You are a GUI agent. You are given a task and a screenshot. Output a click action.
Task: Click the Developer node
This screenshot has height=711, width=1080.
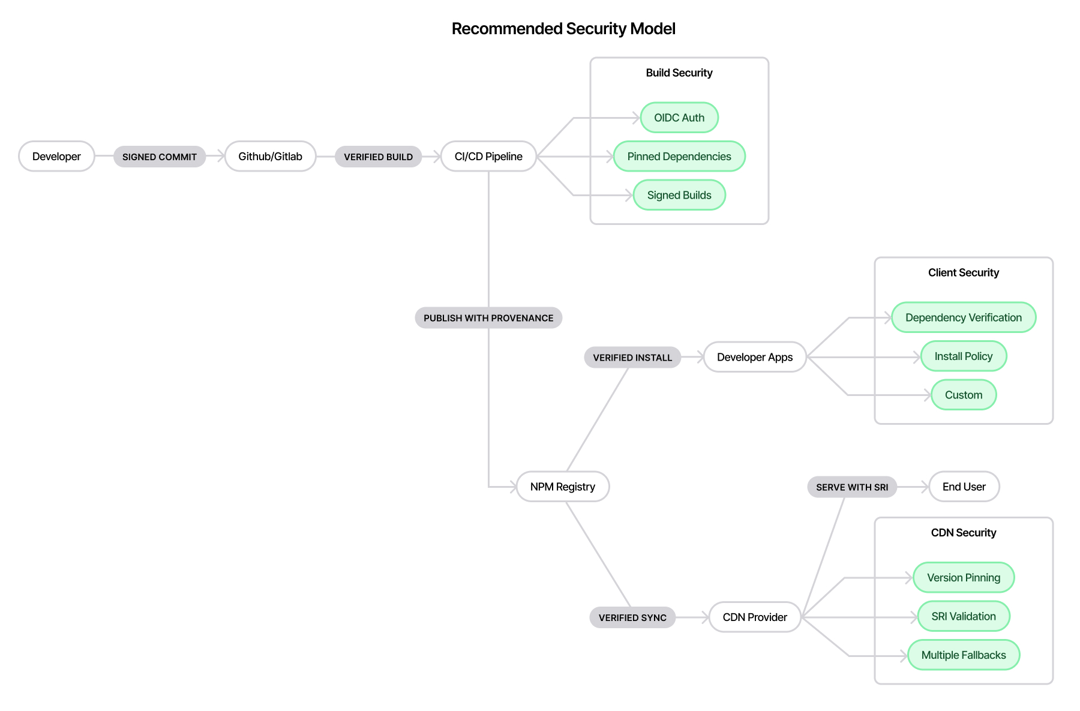tap(56, 157)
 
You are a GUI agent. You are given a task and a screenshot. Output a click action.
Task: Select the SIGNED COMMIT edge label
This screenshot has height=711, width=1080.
tap(160, 157)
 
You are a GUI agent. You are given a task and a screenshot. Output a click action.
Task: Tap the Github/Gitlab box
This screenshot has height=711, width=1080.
tap(270, 157)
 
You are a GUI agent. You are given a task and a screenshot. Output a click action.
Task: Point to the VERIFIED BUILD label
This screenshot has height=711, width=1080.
tap(378, 157)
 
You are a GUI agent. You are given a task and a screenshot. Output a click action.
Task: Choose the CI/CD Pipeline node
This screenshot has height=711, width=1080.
tap(488, 157)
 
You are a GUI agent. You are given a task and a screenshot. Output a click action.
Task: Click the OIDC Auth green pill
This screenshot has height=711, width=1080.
tap(679, 118)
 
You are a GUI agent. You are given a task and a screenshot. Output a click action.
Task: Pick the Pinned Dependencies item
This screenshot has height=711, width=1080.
tap(679, 157)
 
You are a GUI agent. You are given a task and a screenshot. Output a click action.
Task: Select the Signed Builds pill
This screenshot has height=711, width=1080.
tap(679, 195)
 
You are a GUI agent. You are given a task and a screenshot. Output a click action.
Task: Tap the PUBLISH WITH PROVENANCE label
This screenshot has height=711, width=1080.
tap(488, 318)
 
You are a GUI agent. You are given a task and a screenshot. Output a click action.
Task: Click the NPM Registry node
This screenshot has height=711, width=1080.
tap(563, 487)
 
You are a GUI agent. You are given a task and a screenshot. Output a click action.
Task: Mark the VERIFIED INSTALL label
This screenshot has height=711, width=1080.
tap(632, 358)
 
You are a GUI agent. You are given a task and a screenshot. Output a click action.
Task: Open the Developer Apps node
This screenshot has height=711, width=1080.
tap(755, 357)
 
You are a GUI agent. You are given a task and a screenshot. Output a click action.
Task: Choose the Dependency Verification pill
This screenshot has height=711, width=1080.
tap(964, 317)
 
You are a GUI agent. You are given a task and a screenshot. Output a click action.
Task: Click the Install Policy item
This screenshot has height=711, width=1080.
tap(964, 356)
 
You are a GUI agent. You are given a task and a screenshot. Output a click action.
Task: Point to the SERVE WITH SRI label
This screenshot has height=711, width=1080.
tap(852, 487)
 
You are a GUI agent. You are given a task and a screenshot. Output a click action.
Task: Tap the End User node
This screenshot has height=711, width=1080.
tap(964, 487)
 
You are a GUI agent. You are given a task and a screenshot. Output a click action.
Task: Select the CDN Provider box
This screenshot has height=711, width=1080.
tap(755, 617)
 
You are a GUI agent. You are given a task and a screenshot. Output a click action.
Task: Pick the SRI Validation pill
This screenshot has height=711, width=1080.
tap(964, 616)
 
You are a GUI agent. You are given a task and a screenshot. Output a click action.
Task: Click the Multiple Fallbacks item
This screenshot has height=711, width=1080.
tap(964, 655)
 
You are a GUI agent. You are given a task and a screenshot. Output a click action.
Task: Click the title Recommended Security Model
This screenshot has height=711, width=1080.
tap(563, 29)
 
